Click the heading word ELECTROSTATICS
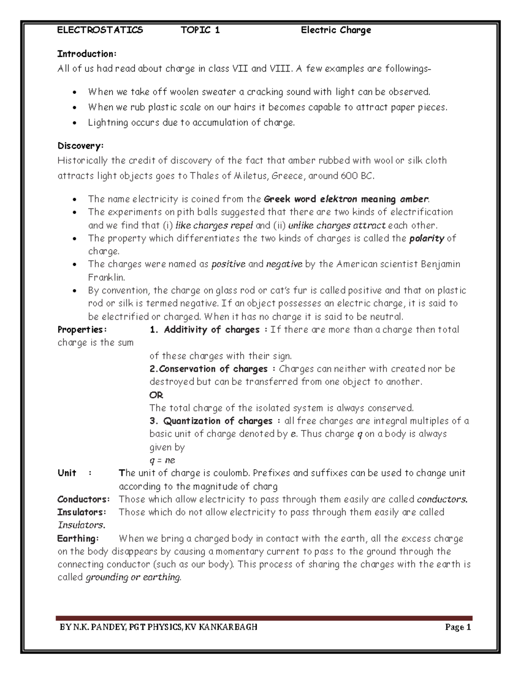coord(100,30)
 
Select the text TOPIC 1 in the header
coord(200,30)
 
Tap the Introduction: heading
coord(87,54)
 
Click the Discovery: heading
coord(80,145)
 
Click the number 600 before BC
coord(345,176)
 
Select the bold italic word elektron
coord(338,199)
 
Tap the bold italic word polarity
coord(427,238)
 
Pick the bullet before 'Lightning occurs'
coord(76,123)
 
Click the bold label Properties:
coord(82,330)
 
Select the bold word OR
coord(156,395)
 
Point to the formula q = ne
coord(162,460)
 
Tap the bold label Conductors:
coord(83,499)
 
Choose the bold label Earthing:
coord(78,539)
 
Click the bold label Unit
coord(67,473)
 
